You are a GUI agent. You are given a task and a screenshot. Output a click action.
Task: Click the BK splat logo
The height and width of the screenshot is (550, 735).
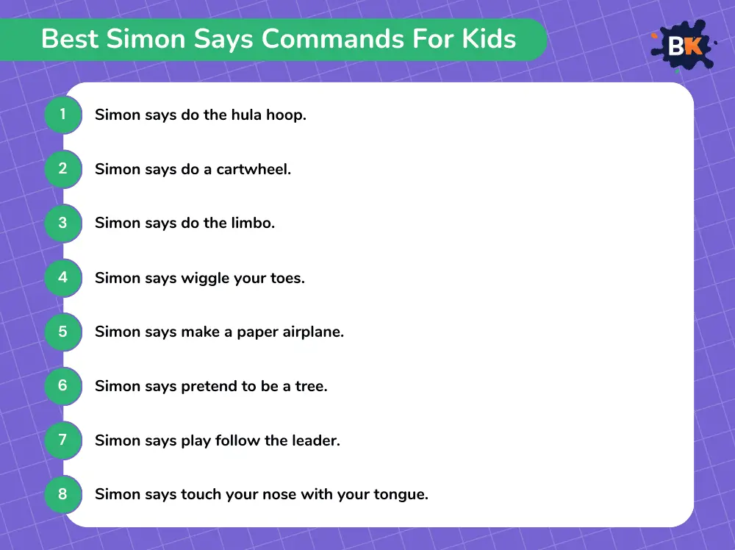[684, 46]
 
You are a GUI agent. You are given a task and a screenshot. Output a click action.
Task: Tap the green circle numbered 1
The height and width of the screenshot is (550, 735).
[63, 115]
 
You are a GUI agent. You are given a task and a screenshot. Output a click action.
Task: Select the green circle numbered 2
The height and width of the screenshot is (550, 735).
[63, 169]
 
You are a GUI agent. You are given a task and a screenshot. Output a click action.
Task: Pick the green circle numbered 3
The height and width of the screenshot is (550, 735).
[63, 223]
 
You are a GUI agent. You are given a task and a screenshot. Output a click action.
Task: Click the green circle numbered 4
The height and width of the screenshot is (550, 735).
[63, 278]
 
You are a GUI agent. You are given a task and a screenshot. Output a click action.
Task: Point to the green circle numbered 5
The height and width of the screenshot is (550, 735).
[63, 332]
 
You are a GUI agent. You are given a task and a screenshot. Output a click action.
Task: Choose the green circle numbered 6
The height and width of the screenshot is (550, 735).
[63, 385]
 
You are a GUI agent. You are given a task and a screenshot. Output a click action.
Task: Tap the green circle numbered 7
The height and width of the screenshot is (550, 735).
[63, 440]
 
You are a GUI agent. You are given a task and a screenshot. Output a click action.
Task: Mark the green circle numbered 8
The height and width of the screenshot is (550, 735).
[63, 493]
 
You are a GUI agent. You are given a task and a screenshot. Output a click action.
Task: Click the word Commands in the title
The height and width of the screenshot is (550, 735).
[333, 38]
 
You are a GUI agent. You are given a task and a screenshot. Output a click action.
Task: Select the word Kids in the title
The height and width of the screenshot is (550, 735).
[489, 38]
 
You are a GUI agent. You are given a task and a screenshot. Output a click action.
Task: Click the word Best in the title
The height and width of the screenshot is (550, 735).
[70, 38]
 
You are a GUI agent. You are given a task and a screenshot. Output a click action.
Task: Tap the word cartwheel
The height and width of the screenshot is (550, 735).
[254, 169]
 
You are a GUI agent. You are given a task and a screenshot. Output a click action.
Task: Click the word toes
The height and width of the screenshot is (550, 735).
[287, 278]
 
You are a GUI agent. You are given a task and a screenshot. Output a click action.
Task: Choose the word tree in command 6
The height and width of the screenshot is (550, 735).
[311, 386]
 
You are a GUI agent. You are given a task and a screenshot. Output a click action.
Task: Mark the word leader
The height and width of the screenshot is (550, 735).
[316, 440]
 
